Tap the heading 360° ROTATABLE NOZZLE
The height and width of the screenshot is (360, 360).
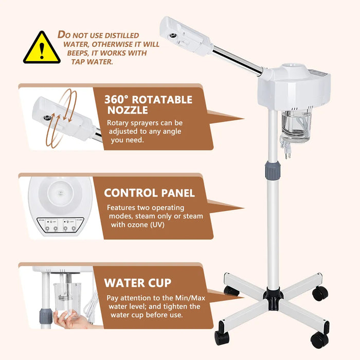pyautogui.click(x=148, y=104)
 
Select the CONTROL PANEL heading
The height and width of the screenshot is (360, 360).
pyautogui.click(x=150, y=193)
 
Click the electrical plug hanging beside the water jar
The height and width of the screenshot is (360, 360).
pyautogui.click(x=286, y=149)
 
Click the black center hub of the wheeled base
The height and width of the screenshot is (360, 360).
pyautogui.click(x=273, y=297)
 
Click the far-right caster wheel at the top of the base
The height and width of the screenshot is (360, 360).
pyautogui.click(x=319, y=293)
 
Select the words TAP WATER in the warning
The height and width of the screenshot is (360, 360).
pyautogui.click(x=92, y=62)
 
